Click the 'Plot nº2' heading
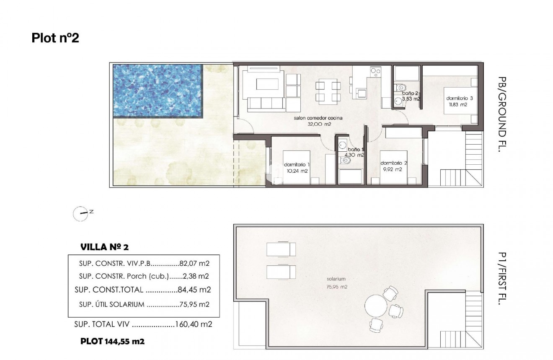(x=55, y=38)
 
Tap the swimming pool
(x=158, y=90)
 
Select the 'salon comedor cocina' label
(x=318, y=118)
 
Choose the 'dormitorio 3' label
(x=459, y=98)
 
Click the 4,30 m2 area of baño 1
(x=354, y=155)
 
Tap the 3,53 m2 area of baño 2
(x=411, y=99)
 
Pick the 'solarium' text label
(x=336, y=279)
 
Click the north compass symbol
(x=80, y=214)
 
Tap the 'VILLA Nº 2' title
(x=104, y=247)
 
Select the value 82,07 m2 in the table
(x=194, y=264)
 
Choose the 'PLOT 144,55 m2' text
(x=112, y=341)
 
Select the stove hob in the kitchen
(x=375, y=74)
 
